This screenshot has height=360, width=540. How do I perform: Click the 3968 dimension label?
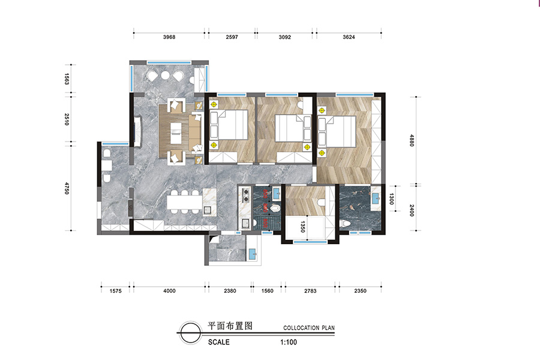point(169,37)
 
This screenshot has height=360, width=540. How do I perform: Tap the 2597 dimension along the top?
point(232,37)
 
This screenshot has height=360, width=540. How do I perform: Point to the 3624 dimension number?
point(349,37)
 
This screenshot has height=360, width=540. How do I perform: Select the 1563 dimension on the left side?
point(67,79)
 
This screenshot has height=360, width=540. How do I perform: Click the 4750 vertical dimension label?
point(67,188)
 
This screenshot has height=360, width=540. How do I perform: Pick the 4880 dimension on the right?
point(412,140)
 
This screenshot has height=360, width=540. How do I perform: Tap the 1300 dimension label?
point(391,199)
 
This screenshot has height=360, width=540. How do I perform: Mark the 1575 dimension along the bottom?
point(115,291)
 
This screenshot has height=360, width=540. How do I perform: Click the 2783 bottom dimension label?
point(310,291)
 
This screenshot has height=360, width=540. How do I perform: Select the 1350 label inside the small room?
point(303,227)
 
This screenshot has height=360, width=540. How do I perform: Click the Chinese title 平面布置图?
point(230,326)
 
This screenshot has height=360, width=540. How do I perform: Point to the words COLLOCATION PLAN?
point(309,328)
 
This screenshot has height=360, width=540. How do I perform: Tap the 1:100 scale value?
point(288,342)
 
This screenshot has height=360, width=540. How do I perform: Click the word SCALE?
point(218,342)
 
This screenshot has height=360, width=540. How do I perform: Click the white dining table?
point(184,202)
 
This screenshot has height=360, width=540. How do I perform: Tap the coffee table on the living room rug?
point(175,133)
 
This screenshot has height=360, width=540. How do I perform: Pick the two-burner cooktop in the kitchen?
point(246,195)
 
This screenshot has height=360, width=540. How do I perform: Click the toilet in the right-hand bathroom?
point(345,224)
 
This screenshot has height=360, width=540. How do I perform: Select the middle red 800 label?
point(266,208)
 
